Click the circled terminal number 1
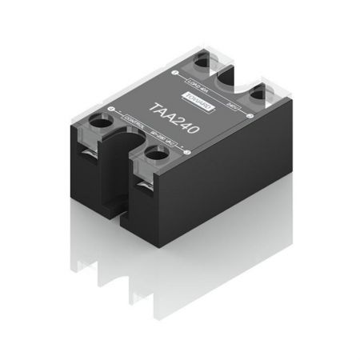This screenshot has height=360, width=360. (175, 74)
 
